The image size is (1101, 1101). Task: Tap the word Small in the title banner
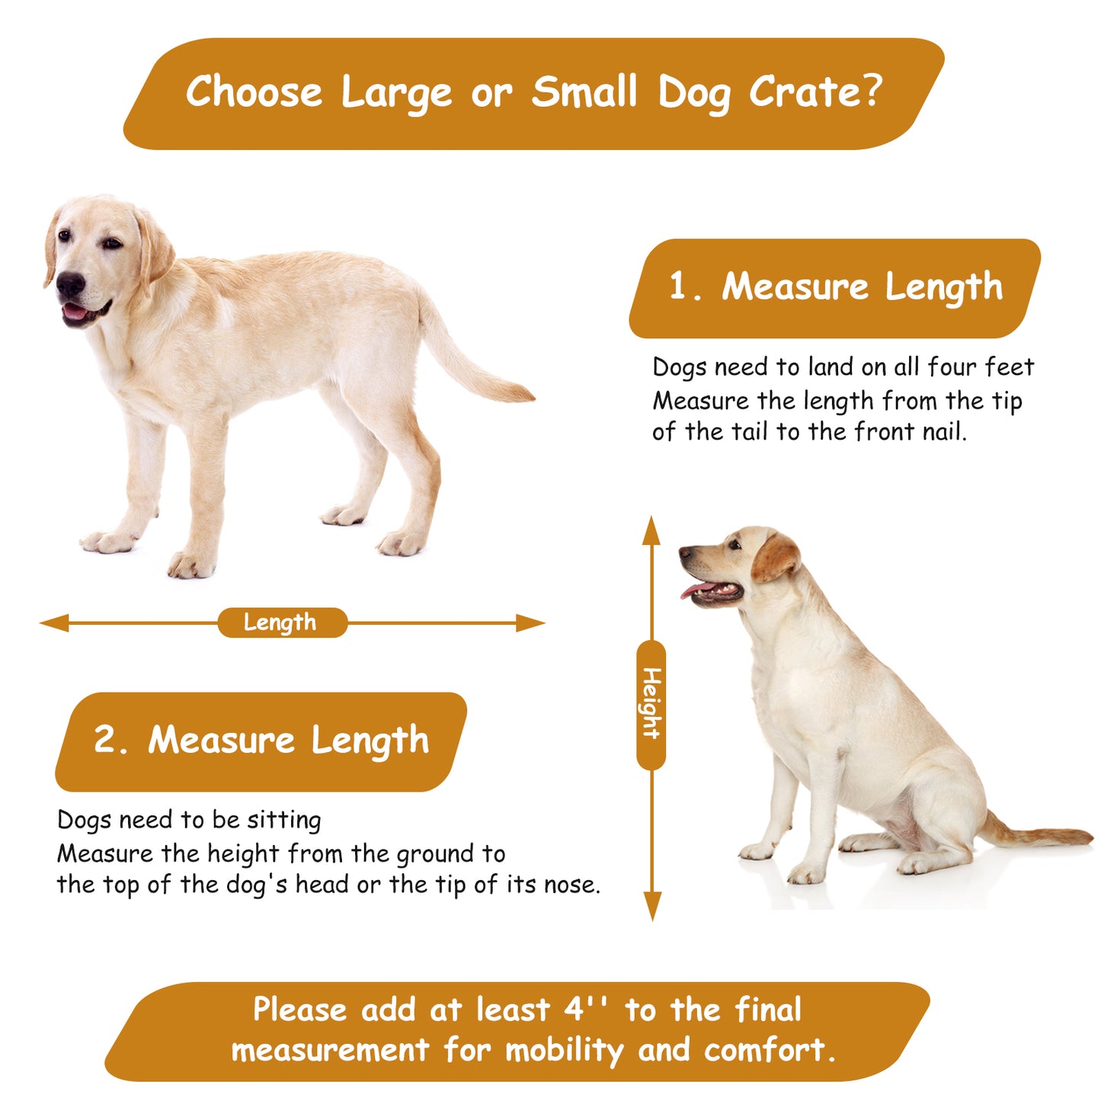584,91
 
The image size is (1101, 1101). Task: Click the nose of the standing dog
70,284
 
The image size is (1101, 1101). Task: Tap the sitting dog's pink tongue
696,591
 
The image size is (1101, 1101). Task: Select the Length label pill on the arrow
282,623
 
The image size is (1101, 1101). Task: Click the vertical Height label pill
651,705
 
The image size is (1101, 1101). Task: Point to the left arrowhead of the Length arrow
54,623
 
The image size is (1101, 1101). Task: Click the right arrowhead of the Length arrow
530,623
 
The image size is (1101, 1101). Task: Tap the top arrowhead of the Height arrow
651,530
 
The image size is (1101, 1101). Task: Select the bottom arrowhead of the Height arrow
652,906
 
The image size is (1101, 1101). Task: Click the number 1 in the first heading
678,286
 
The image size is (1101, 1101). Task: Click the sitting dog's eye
735,544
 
